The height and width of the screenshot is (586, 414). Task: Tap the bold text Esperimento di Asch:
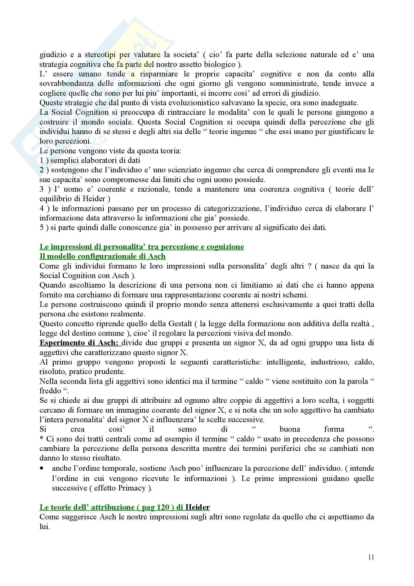pyautogui.click(x=80, y=343)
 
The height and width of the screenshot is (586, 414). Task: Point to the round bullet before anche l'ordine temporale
pyautogui.click(x=42, y=468)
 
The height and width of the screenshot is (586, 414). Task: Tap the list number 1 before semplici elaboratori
pyautogui.click(x=42, y=160)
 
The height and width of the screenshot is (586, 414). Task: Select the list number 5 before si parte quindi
pyautogui.click(x=42, y=227)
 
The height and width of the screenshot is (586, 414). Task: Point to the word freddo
pyautogui.click(x=50, y=391)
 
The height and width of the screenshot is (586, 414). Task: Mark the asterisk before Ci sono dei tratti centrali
pyautogui.click(x=42, y=439)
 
